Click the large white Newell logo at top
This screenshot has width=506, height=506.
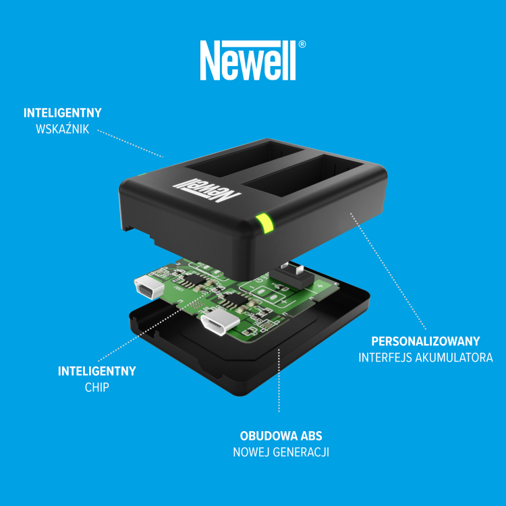click(x=248, y=60)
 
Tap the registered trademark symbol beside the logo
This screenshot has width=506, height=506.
click(x=302, y=45)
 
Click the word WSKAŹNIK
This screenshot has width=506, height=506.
click(x=62, y=129)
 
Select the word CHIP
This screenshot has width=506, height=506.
click(x=96, y=387)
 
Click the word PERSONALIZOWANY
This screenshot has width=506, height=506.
click(x=425, y=341)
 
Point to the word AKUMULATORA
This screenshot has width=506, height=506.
click(x=454, y=358)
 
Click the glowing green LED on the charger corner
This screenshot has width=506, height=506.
click(x=265, y=223)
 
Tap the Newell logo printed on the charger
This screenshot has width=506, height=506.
click(x=206, y=190)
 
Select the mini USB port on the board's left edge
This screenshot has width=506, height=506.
click(x=146, y=288)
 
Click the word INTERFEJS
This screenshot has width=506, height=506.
click(x=385, y=358)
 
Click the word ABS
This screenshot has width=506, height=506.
click(x=312, y=437)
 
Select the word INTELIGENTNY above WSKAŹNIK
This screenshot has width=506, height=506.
click(x=63, y=113)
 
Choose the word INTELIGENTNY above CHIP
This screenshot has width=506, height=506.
click(x=96, y=371)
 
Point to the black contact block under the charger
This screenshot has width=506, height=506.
click(x=291, y=277)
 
